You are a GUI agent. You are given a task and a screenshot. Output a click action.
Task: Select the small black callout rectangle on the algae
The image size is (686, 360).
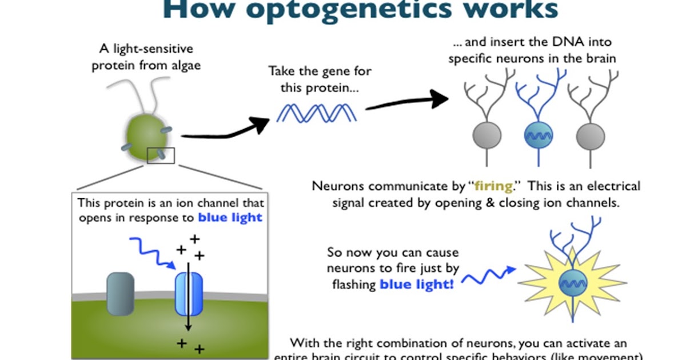tap(160, 155)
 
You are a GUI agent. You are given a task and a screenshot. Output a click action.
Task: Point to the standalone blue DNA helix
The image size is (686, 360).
tap(317, 112)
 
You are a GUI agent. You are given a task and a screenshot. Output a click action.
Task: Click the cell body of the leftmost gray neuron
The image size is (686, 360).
tap(487, 136)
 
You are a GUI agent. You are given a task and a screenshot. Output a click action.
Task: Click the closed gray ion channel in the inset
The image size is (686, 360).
tap(120, 294)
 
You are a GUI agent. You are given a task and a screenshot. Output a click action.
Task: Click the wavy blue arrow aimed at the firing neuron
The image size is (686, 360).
tap(486, 277)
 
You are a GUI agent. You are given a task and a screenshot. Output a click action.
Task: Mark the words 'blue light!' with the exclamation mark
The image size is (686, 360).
tap(417, 283)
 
